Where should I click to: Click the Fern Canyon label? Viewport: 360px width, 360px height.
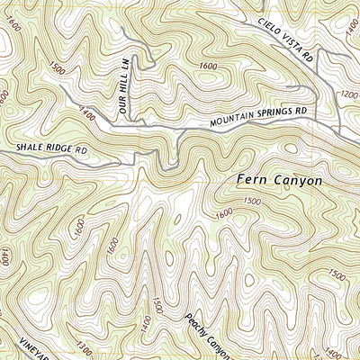click(279, 180)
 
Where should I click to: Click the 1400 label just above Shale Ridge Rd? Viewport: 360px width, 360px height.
click(86, 114)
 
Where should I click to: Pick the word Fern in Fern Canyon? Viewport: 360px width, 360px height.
click(253, 180)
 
